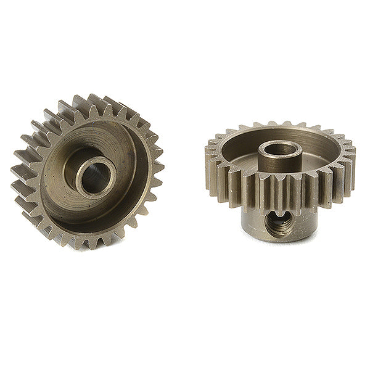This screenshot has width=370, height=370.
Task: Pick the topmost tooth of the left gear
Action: pyautogui.click(x=80, y=101)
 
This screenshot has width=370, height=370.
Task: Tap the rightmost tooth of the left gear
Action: pyautogui.click(x=159, y=166)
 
